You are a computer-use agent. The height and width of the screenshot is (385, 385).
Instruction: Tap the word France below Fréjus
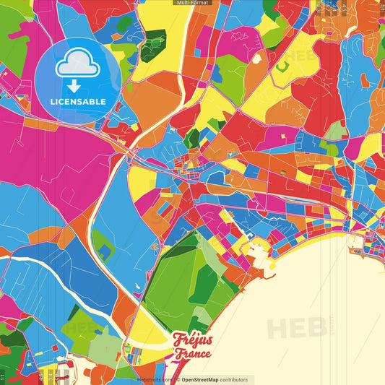click(191, 354)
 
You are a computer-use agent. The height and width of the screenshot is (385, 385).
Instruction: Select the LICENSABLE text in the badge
click(78, 101)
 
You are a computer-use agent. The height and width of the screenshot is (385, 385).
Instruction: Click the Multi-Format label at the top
click(192, 3)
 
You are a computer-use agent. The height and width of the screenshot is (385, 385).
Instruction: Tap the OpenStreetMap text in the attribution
click(205, 379)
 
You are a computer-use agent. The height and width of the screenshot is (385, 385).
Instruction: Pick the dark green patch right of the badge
click(152, 45)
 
